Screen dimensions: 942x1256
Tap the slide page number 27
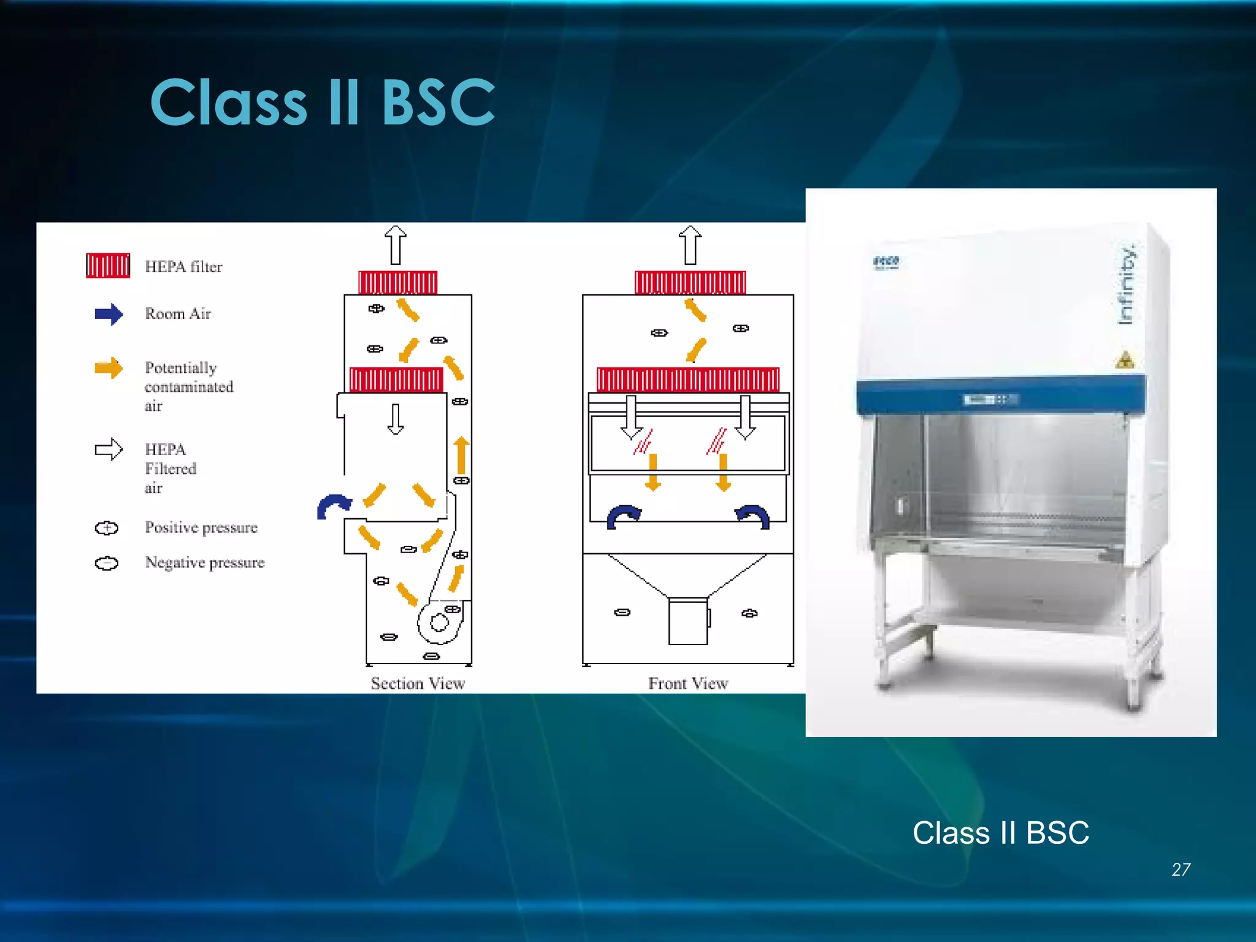[x=1181, y=870]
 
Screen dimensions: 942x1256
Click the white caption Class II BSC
[x=1000, y=833]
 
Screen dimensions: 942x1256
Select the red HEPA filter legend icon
[x=108, y=266]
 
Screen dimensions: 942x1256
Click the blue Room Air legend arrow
[x=109, y=314]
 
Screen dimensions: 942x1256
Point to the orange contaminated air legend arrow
[x=109, y=368]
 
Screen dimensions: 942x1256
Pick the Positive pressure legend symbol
[x=107, y=528]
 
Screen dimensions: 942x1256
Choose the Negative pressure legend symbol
[x=107, y=563]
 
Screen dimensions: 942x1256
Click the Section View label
[x=418, y=683]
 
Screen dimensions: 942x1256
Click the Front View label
[x=688, y=683]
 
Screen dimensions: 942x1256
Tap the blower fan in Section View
[x=439, y=623]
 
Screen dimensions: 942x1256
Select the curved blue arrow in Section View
[x=333, y=507]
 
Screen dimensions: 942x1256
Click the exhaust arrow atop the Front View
[x=691, y=245]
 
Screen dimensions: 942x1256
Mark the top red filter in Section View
[x=398, y=283]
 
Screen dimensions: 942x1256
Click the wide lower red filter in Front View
[x=688, y=380]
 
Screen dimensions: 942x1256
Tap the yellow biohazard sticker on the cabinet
[x=1125, y=360]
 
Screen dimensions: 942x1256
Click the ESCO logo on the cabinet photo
[x=886, y=262]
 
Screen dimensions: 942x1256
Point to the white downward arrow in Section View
[x=396, y=419]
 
